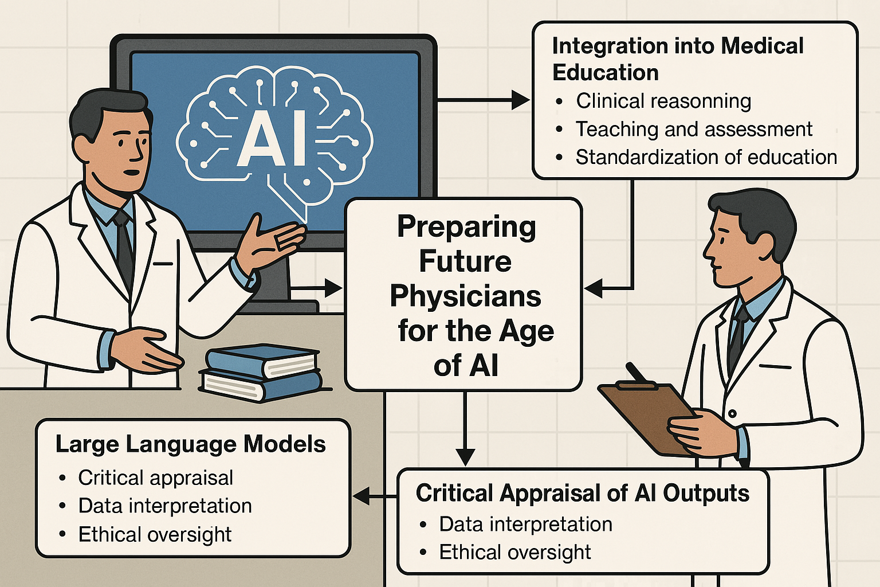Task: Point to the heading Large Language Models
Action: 190,444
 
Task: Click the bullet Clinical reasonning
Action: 663,101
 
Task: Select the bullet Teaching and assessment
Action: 694,129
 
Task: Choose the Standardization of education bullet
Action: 706,157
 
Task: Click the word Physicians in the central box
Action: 465,296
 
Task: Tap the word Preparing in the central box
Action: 466,227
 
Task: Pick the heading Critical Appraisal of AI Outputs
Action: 582,493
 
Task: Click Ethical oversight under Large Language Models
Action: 155,534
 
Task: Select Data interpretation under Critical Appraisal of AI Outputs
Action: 525,524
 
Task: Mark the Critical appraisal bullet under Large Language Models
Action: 155,478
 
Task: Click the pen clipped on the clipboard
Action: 637,373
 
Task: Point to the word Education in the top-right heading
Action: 605,73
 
